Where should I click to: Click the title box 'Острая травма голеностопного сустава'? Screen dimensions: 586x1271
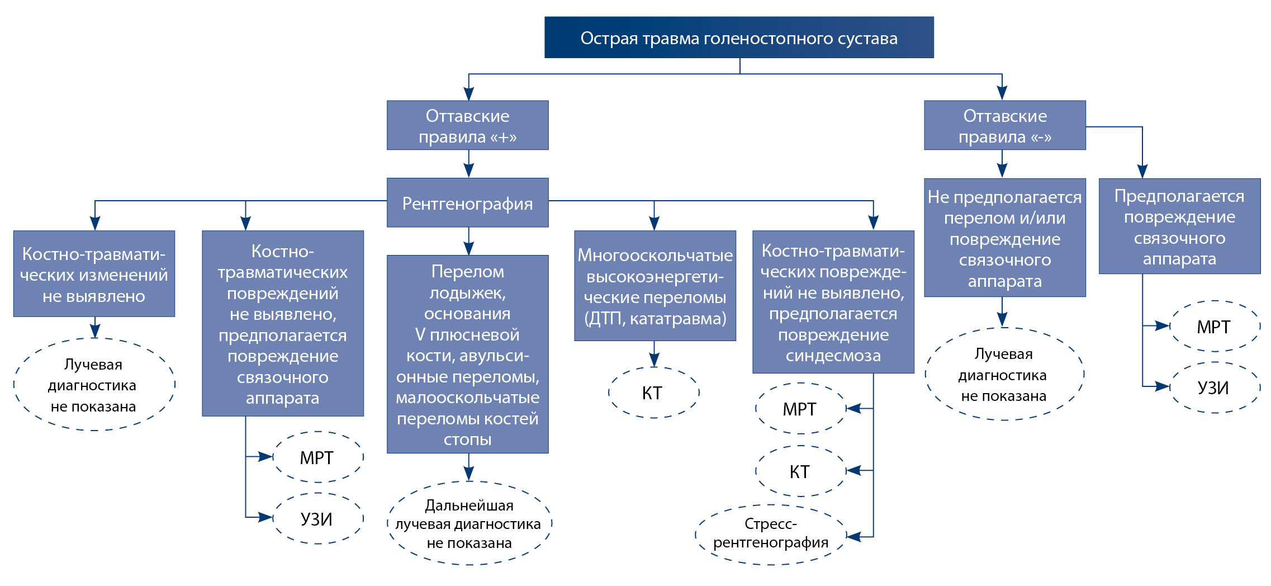click(x=739, y=37)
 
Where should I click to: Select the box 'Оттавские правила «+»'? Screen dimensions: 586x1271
click(x=467, y=125)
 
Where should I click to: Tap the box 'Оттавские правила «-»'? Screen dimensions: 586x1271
click(x=1004, y=125)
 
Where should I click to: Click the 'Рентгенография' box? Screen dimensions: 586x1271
click(x=467, y=203)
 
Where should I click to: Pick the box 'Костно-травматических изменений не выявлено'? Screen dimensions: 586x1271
click(x=94, y=274)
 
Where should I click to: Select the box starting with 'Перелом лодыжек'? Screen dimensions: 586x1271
click(x=467, y=354)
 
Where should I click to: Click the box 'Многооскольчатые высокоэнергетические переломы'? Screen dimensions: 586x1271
click(x=655, y=286)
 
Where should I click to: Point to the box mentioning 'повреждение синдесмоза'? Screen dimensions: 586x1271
click(x=833, y=302)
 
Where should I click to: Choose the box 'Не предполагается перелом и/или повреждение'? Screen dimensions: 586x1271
click(x=1004, y=238)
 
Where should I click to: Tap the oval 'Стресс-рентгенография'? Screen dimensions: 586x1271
click(x=770, y=534)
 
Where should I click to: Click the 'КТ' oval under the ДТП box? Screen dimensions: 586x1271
click(x=653, y=393)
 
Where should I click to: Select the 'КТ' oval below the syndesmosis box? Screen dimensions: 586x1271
click(x=800, y=471)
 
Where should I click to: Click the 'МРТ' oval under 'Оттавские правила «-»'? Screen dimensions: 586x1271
click(x=1214, y=327)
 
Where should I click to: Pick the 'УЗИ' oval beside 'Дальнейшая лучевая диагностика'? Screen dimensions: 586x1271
click(x=317, y=519)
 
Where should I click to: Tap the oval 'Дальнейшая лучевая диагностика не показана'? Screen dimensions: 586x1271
click(x=469, y=523)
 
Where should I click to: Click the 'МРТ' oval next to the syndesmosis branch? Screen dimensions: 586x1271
click(x=800, y=409)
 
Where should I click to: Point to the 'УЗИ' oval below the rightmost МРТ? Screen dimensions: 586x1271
click(x=1214, y=387)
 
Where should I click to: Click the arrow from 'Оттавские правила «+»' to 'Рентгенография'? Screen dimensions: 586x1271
click(x=468, y=164)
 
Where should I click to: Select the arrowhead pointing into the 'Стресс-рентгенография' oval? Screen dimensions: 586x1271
click(x=853, y=537)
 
